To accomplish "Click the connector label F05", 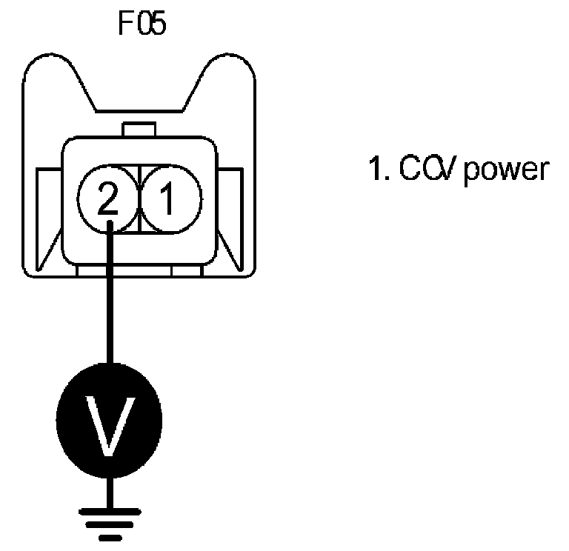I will click(x=142, y=24).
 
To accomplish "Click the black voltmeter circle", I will click(x=110, y=427).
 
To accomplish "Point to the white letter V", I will click(x=110, y=427).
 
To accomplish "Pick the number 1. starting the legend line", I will click(x=379, y=170).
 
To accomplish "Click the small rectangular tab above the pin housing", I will click(x=140, y=130).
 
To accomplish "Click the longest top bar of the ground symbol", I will click(x=110, y=510).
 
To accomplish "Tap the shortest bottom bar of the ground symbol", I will click(x=110, y=538).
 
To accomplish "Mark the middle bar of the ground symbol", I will click(x=110, y=524).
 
